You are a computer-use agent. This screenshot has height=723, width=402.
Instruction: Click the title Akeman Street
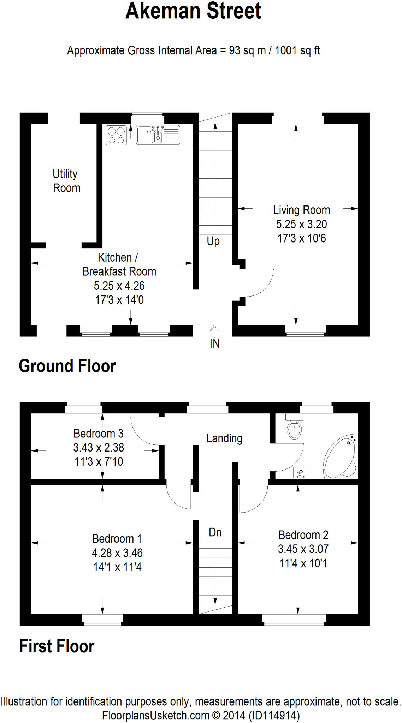point(193,11)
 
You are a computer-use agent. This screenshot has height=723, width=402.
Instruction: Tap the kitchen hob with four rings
point(116,136)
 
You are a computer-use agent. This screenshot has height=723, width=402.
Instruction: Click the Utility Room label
point(66,181)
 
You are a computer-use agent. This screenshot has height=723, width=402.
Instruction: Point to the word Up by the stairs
point(213,241)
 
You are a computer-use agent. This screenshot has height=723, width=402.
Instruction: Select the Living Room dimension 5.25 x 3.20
point(301,224)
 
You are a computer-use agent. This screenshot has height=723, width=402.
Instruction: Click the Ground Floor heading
point(67,366)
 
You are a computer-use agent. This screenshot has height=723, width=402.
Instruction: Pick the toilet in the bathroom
point(294,428)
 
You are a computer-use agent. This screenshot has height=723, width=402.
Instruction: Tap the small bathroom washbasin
point(301,472)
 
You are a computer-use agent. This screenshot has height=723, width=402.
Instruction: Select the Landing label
point(224,438)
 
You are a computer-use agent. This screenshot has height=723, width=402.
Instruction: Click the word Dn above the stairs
point(215,532)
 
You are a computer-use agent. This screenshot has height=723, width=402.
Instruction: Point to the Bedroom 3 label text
point(98,434)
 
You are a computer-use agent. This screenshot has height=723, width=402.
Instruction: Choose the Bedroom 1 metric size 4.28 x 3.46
point(117,553)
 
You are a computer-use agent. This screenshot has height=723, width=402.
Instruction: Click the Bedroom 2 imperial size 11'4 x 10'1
point(303,563)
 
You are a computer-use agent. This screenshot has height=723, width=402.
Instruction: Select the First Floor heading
point(57,646)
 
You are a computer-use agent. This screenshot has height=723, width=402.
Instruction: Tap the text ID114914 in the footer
point(274,716)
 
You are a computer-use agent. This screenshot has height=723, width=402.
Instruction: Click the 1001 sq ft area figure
point(297,50)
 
